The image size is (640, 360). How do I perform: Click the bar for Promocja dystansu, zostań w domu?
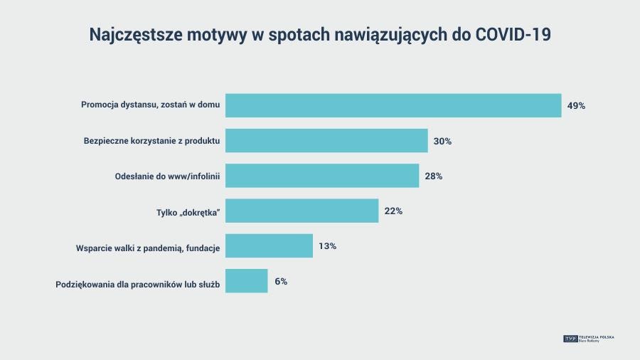point(393,105)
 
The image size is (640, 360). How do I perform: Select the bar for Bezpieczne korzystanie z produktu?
point(326,141)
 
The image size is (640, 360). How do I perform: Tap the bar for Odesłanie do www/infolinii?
point(322,176)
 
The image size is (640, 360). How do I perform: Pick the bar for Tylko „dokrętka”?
point(302,211)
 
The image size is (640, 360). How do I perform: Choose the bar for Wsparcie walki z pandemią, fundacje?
point(269,245)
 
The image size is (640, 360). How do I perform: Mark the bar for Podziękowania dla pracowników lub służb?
point(246,281)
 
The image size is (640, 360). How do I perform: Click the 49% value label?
point(576,106)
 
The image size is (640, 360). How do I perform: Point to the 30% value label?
point(442,141)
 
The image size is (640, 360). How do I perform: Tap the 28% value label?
point(434,176)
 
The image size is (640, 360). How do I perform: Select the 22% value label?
point(393,211)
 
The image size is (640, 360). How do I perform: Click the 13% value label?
point(327,246)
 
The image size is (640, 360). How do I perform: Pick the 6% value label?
point(281,281)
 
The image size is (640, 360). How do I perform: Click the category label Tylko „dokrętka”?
point(188,211)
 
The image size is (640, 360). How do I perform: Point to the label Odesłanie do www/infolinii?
point(167,176)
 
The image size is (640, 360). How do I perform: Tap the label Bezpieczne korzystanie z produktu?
point(151,141)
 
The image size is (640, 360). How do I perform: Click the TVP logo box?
point(570,339)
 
